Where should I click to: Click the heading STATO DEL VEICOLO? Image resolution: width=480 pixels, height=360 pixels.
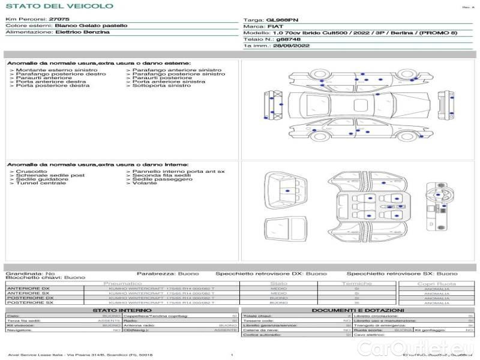click(59, 7)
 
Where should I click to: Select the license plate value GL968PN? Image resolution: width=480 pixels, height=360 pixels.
click(281, 20)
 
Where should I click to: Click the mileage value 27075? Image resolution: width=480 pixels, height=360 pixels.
click(59, 20)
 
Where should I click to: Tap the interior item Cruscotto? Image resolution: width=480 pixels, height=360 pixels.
click(31, 172)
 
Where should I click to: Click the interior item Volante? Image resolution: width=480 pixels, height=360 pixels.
click(145, 183)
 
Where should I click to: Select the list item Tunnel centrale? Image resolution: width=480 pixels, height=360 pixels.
click(41, 183)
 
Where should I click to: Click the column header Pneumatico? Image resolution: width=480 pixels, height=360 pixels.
click(122, 283)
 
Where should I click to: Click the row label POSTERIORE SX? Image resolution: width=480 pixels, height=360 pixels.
click(30, 303)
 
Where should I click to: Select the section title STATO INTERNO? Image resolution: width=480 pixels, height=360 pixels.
click(122, 310)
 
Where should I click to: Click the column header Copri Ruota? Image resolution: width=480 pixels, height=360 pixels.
click(436, 283)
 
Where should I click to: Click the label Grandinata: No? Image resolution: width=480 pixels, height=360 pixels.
click(30, 273)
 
